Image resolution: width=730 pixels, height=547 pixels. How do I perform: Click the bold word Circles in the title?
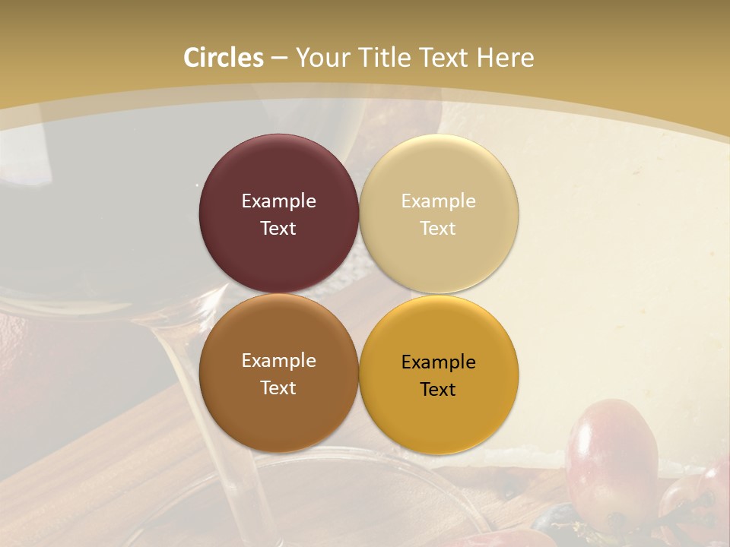click(x=224, y=58)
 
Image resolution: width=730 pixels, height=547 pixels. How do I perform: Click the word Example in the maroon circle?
click(x=278, y=201)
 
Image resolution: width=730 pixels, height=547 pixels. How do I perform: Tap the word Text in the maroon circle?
click(x=278, y=228)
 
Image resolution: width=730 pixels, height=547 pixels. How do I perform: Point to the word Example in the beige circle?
click(x=438, y=201)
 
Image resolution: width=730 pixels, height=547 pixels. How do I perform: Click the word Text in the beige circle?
click(x=438, y=228)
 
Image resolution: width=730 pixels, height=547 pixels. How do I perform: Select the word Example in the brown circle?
click(x=278, y=360)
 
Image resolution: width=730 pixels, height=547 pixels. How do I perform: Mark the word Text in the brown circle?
click(x=278, y=387)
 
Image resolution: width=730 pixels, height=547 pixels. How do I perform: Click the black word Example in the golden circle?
click(x=438, y=362)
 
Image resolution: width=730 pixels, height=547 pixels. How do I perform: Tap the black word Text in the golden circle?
click(x=438, y=389)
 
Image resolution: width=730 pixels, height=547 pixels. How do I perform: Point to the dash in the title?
click(x=279, y=58)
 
